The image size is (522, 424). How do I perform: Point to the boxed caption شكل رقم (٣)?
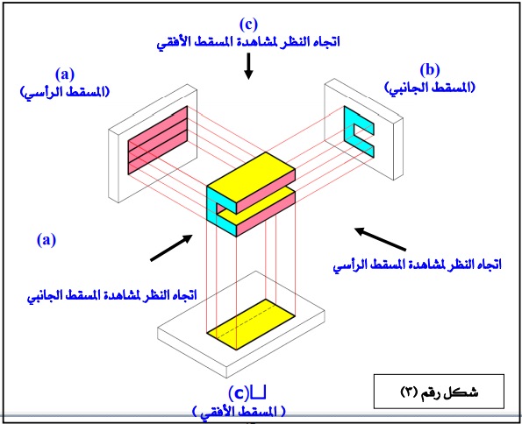437,389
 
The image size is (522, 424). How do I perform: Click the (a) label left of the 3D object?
46,237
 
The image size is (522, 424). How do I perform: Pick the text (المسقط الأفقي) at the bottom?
240,410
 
